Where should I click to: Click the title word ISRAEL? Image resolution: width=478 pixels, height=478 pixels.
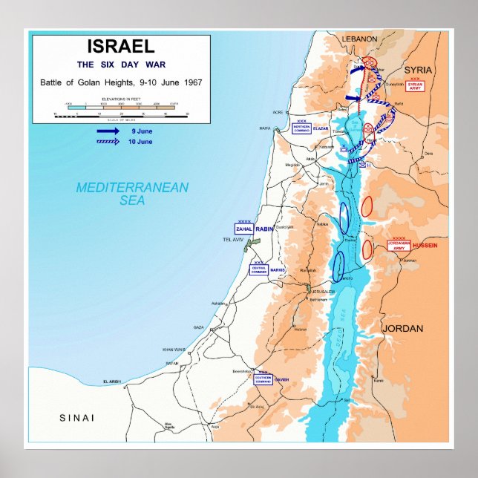tap(120, 46)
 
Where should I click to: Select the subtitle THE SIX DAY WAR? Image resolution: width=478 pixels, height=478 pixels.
tap(120, 65)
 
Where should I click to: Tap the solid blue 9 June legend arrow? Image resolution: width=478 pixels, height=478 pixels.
tap(108, 131)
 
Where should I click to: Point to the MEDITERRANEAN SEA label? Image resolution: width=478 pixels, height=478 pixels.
tap(132, 194)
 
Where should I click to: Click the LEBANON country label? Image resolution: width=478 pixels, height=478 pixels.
tap(359, 39)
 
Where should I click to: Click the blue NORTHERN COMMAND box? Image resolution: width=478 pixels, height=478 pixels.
tap(301, 128)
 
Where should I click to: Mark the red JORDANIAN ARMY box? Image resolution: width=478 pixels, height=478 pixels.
tap(399, 246)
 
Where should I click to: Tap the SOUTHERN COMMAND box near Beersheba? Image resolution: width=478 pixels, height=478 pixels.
tap(263, 378)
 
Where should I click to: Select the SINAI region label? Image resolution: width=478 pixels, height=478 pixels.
tap(77, 418)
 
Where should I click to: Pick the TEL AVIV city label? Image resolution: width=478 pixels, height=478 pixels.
tap(234, 240)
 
